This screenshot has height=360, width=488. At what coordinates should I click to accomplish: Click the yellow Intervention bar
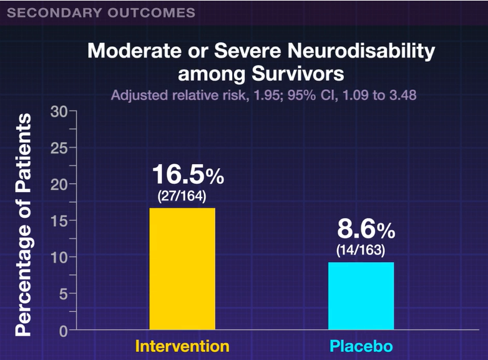coord(182,268)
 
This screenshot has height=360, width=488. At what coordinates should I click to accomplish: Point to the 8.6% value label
coord(366,230)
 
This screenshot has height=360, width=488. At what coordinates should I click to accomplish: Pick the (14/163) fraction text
coord(361,250)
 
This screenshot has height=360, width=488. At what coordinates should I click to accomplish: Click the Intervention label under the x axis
coord(182,346)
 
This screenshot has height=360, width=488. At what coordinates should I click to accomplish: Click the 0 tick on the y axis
coord(63,330)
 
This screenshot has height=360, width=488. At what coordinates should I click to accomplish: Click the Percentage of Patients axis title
coord(23,225)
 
